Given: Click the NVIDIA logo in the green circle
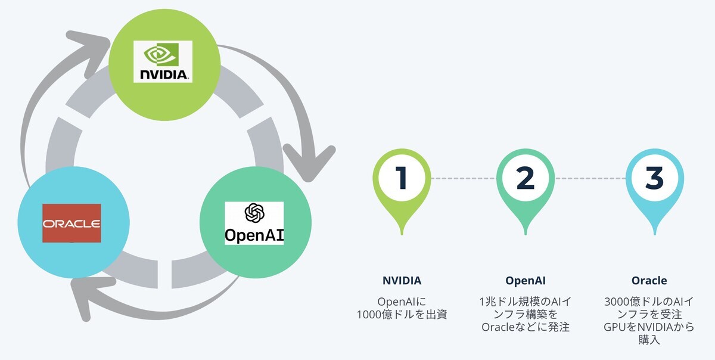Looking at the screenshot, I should click(x=162, y=61).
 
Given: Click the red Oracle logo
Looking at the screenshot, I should click(x=71, y=223).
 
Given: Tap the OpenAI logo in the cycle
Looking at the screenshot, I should click(x=254, y=223).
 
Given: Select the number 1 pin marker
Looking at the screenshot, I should click(x=402, y=178).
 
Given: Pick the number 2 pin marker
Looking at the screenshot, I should click(x=525, y=178).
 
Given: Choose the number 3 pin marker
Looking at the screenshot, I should click(x=654, y=178).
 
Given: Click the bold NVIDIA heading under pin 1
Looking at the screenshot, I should click(x=402, y=280).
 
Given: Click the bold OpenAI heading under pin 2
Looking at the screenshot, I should click(x=525, y=280).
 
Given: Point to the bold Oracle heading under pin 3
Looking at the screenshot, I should click(x=649, y=280).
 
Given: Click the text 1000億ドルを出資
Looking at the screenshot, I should click(x=402, y=315).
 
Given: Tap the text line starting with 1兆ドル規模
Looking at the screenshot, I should click(x=525, y=302).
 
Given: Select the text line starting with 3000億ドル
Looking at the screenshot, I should click(x=649, y=302).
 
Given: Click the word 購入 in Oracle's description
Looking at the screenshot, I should click(x=649, y=340).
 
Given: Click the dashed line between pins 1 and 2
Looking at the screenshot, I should click(x=463, y=178).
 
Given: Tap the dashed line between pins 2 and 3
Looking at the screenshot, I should click(x=590, y=178).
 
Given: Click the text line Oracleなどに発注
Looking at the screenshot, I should click(x=525, y=327).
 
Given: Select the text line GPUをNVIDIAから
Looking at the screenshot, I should click(x=649, y=327).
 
